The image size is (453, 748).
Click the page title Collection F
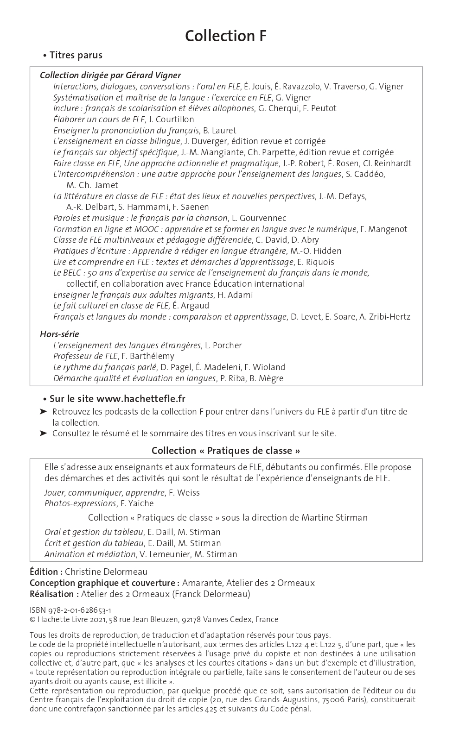tap(226, 36)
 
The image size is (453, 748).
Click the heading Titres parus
tap(76, 55)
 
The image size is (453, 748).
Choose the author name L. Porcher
tap(223, 346)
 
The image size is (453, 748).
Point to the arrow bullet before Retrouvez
tap(43, 412)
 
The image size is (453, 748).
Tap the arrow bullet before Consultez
tap(43, 434)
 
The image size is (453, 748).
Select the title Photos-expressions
tap(80, 503)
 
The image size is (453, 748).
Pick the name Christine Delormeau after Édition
tap(106, 572)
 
